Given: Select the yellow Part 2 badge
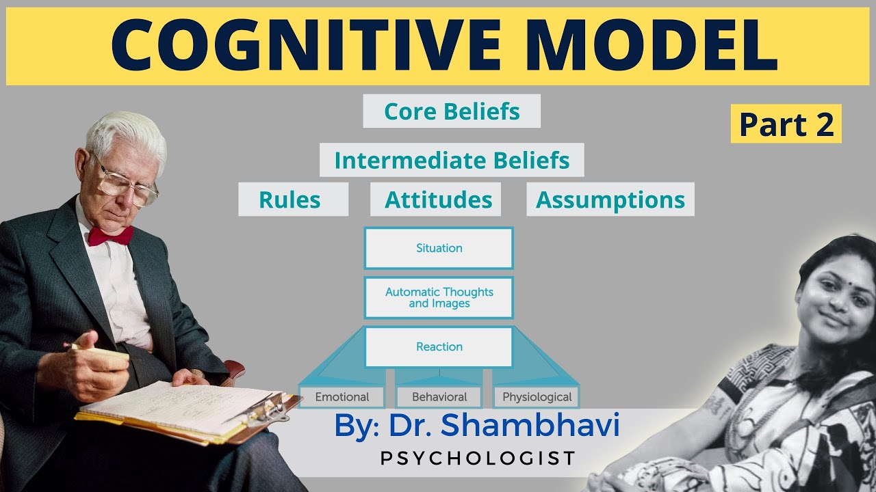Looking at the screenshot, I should tap(786, 124).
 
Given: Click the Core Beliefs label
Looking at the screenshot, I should tap(452, 111).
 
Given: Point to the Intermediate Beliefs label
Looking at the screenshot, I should tap(452, 161).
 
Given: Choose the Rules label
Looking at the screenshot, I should tap(289, 200).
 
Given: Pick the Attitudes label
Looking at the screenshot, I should tap(438, 200).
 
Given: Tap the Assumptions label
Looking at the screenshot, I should tap(610, 200).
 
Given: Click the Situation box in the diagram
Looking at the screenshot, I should tap(439, 248).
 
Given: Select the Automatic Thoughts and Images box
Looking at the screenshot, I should tap(439, 297).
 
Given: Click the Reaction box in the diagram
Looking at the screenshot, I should tap(439, 346).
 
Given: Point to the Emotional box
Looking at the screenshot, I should tap(342, 397).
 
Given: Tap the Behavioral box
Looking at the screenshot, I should tap(439, 397).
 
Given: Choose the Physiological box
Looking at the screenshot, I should tap(537, 397).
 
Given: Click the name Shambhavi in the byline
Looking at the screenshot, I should tap(530, 425).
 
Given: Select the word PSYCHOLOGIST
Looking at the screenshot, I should tap(478, 458).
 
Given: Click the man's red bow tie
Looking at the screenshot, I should tap(109, 236).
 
